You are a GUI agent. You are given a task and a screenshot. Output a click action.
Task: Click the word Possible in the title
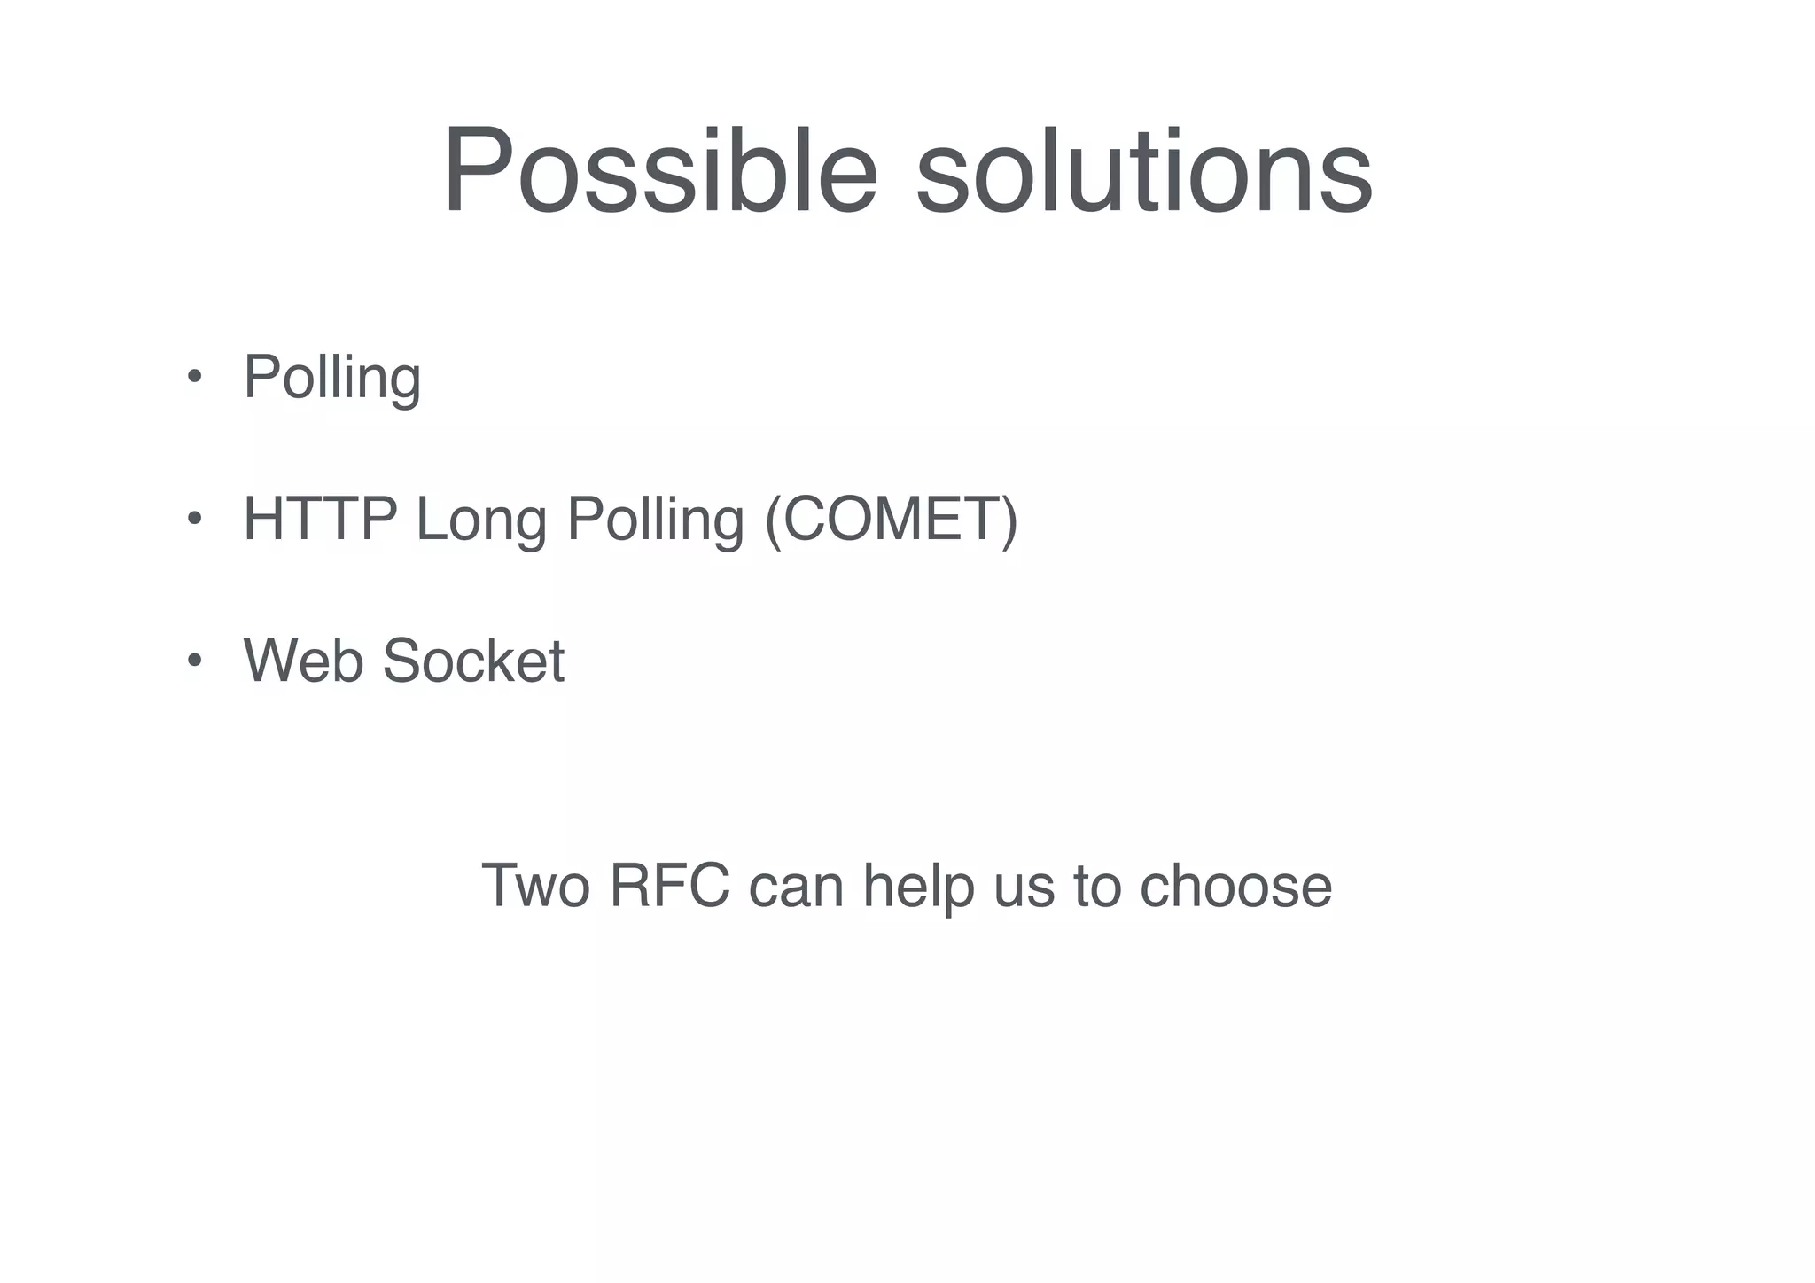click(660, 170)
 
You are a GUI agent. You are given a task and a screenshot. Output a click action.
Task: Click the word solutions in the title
click(1143, 170)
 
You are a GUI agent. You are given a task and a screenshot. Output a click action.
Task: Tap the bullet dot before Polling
click(194, 376)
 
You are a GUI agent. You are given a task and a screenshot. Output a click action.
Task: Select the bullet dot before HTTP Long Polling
click(194, 518)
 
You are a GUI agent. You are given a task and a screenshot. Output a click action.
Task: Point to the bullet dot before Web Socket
click(194, 660)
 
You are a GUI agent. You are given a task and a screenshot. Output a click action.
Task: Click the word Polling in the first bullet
click(332, 378)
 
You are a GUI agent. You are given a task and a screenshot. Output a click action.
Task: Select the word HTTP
click(320, 519)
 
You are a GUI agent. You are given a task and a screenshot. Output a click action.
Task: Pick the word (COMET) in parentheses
click(891, 520)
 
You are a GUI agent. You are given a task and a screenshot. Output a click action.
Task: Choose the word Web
click(303, 661)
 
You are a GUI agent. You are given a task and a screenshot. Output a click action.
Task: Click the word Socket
click(473, 661)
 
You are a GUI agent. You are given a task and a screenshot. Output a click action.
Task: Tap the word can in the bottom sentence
click(796, 887)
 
